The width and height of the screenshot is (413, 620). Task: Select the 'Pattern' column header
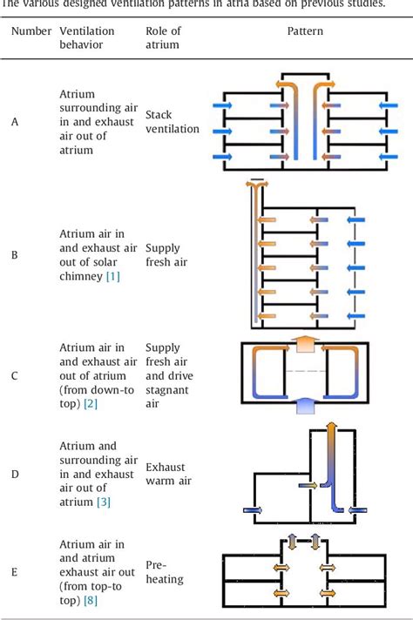304,30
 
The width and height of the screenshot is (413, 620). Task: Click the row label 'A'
15,122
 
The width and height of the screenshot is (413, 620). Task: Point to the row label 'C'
15,376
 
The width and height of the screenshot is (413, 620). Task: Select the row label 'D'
15,473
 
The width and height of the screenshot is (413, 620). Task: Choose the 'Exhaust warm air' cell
169,473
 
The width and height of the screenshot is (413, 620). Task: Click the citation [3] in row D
103,501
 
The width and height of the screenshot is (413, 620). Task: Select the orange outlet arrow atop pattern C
303,344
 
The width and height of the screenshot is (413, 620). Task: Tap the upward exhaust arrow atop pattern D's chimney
332,429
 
